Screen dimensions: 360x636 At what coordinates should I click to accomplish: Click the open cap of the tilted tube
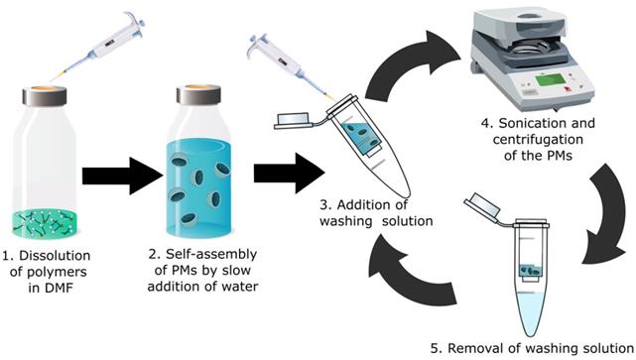293,120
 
